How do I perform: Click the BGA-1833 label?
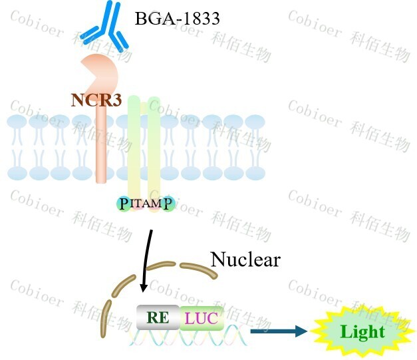coord(177,19)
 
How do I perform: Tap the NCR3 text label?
coord(96,100)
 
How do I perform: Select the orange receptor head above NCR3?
coord(100,72)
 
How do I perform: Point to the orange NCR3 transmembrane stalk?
coord(101,146)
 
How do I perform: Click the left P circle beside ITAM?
coord(123,204)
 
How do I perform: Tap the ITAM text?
coord(146,204)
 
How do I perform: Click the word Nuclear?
coord(245,259)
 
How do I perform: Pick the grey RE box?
coord(158,318)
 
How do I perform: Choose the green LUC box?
coord(201,318)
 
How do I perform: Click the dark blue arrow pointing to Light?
coord(279,330)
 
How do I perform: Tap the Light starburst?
coord(362,331)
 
